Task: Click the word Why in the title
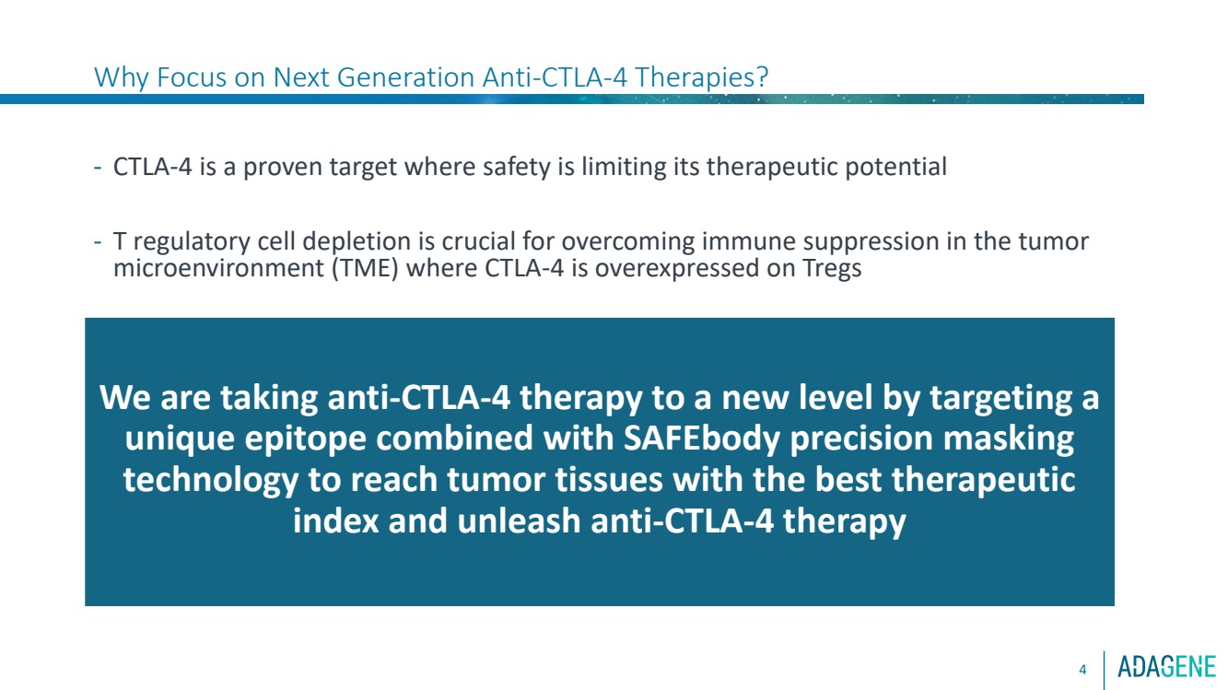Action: pos(122,77)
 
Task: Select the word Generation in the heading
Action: pos(405,77)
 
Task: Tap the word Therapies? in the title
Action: pos(702,78)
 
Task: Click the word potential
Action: pos(895,167)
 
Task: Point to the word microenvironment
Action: pos(218,269)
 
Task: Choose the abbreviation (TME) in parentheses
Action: pos(365,269)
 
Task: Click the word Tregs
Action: pos(832,269)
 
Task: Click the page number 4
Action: pos(1082,670)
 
